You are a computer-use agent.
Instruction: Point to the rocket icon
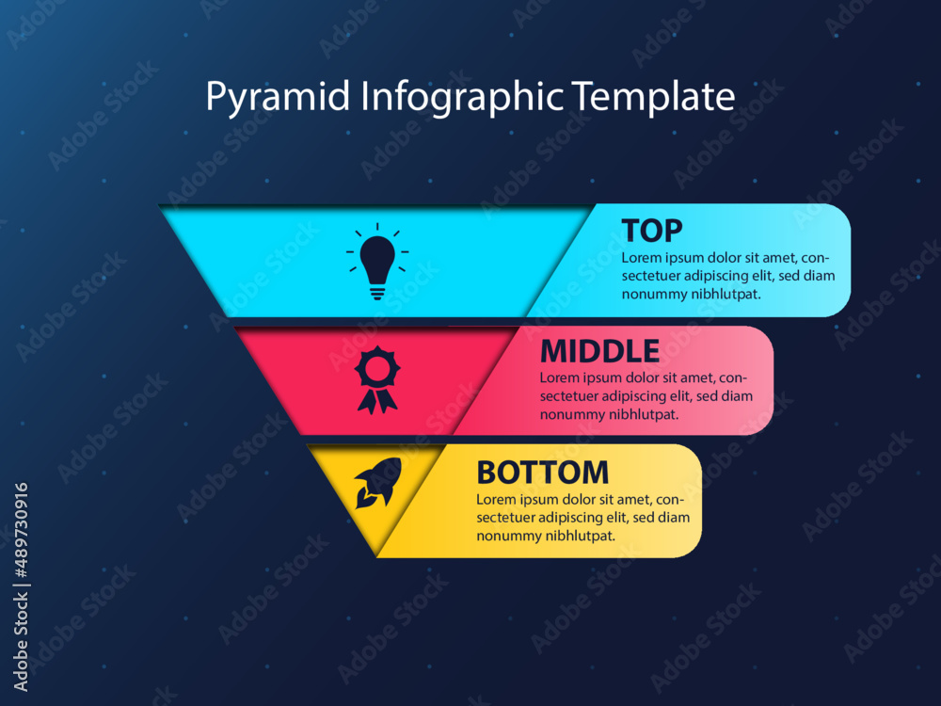tap(378, 482)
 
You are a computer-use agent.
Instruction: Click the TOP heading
tap(652, 231)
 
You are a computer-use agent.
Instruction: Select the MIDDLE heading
tap(599, 351)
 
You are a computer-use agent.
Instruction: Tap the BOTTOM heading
tap(542, 472)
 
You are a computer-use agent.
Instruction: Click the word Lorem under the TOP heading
tap(641, 257)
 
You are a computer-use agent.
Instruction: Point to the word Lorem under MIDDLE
tap(559, 378)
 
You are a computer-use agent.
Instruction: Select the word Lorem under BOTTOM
tap(496, 499)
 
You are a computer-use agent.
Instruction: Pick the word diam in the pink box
tap(736, 396)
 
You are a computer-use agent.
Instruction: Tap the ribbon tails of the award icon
tap(376, 400)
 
